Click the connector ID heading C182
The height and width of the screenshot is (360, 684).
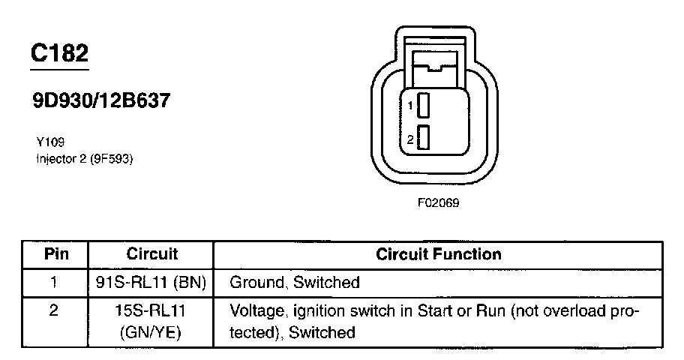59,53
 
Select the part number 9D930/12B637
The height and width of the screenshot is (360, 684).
100,100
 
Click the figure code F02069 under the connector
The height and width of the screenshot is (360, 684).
438,202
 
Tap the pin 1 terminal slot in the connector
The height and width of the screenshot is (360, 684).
423,106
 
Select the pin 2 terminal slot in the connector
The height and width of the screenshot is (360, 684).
423,139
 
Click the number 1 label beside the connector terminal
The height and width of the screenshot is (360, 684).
410,106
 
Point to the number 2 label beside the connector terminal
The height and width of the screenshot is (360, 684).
410,139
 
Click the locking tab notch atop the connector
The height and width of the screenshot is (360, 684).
436,70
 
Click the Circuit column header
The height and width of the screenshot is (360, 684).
152,254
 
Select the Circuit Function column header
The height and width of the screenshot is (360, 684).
438,254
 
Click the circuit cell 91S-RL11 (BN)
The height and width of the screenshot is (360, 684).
152,283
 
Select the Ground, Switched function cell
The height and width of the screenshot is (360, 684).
294,283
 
